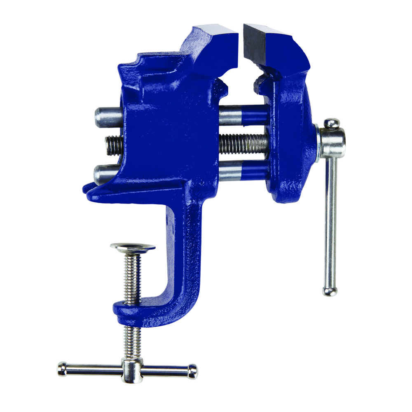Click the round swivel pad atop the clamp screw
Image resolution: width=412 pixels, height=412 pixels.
point(133,248)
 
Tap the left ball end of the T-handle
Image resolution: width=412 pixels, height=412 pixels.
point(62,368)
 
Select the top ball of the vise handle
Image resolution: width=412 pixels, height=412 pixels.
point(331,124)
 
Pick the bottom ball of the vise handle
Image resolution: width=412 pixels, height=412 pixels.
point(330,291)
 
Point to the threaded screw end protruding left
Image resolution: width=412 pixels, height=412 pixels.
point(114,145)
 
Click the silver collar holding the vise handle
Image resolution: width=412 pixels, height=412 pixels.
point(332,142)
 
